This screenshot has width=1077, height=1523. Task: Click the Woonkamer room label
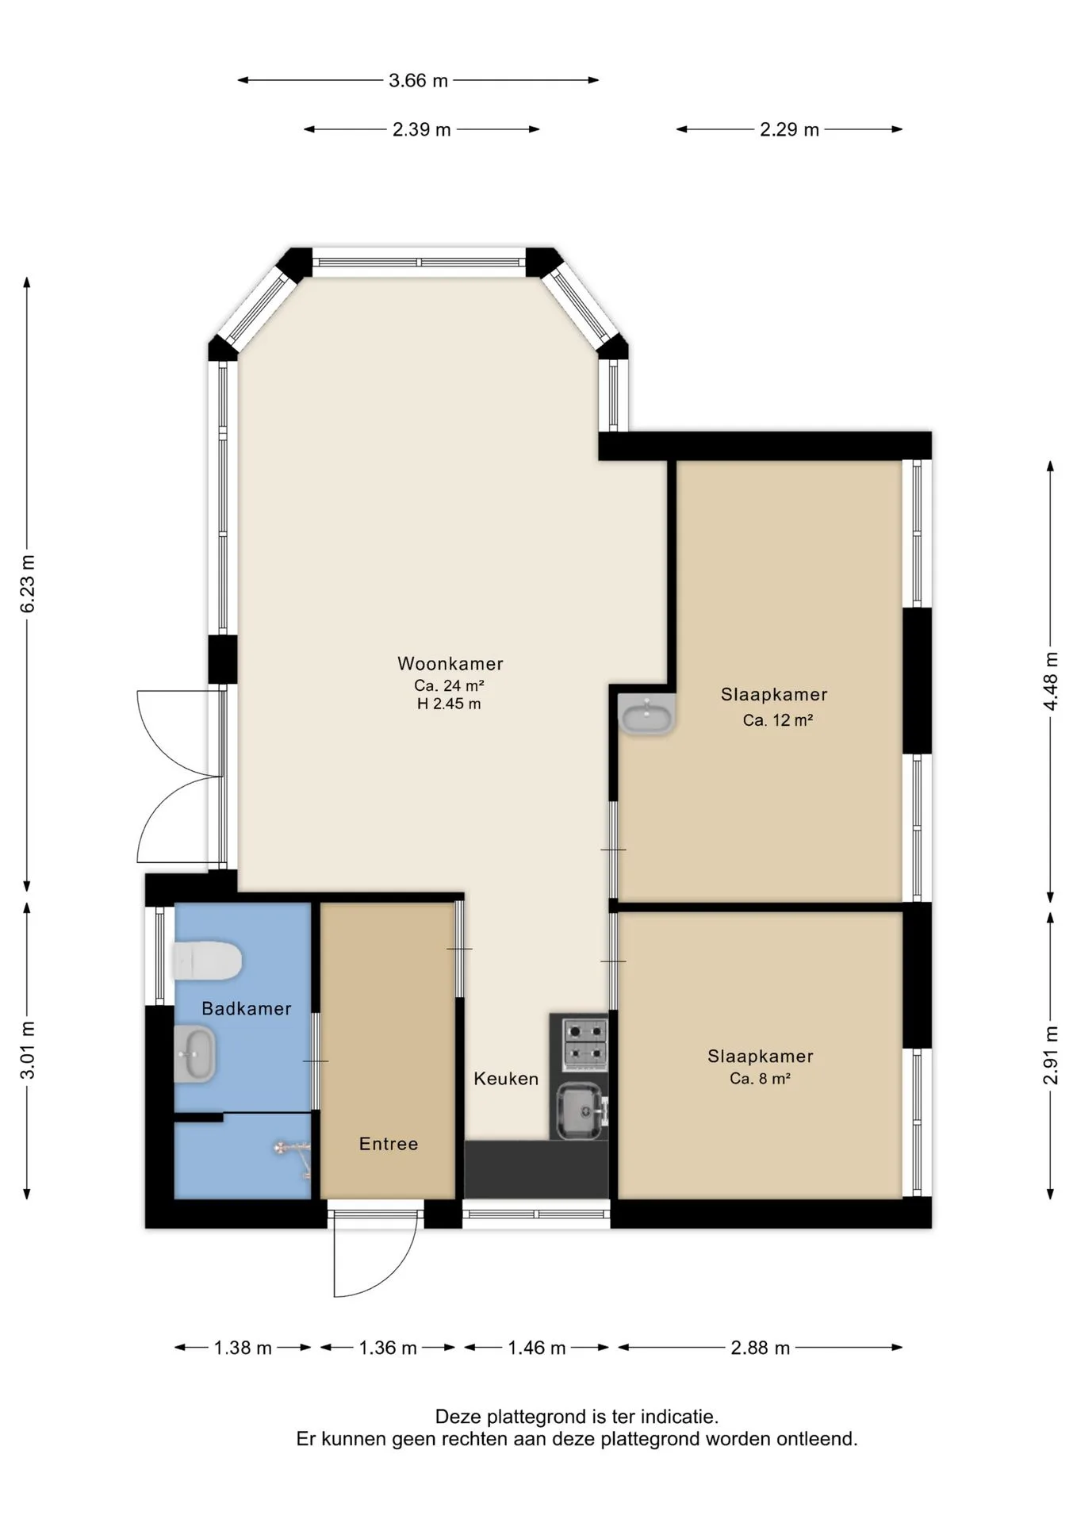pos(450,663)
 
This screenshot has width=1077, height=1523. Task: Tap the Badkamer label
pos(247,1008)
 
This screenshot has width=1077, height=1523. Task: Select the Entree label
pos(389,1143)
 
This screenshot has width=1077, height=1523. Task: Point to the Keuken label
pos(506,1078)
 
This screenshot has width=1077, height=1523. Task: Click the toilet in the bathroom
pos(207,961)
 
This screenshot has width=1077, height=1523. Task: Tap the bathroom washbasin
pos(194,1054)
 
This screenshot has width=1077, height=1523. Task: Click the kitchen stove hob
pos(584,1042)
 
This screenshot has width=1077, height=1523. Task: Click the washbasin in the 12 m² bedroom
pos(647,715)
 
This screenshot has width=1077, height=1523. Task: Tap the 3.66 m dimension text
pos(418,80)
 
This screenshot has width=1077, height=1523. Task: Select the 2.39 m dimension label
pos(421,129)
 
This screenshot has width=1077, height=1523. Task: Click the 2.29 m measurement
pos(789,129)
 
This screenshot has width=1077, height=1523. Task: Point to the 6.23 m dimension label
pos(28,583)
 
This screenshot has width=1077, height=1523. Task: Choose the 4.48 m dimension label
pos(1051,681)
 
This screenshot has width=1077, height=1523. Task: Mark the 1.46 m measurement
pos(536,1347)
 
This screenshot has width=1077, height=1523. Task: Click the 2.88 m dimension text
pos(760,1347)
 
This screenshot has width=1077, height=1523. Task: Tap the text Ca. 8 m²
pos(760,1078)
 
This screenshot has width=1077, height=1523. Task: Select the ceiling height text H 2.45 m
pos(449,704)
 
